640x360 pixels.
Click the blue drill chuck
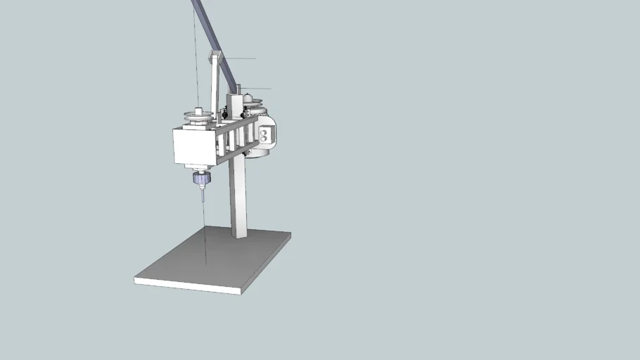202,181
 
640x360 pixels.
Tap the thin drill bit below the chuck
203,196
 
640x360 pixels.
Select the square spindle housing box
193,146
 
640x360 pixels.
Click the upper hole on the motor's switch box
263,131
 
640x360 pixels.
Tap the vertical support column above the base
238,197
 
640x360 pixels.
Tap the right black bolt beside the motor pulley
245,112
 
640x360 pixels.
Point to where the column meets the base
238,236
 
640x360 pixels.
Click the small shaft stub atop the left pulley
199,110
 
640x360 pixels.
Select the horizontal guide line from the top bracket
239,59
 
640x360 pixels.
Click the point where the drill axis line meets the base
205,265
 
